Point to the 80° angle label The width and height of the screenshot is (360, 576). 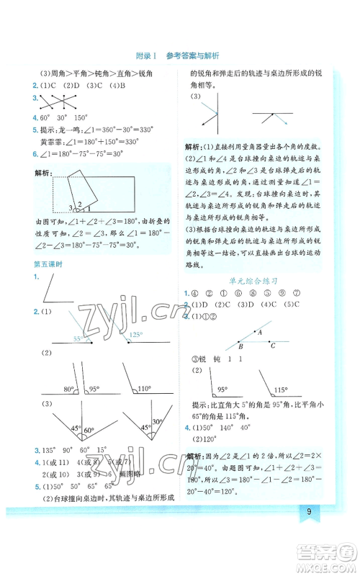(68, 390)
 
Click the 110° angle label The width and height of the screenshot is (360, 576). (145, 389)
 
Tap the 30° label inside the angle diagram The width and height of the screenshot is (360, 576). (156, 422)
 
